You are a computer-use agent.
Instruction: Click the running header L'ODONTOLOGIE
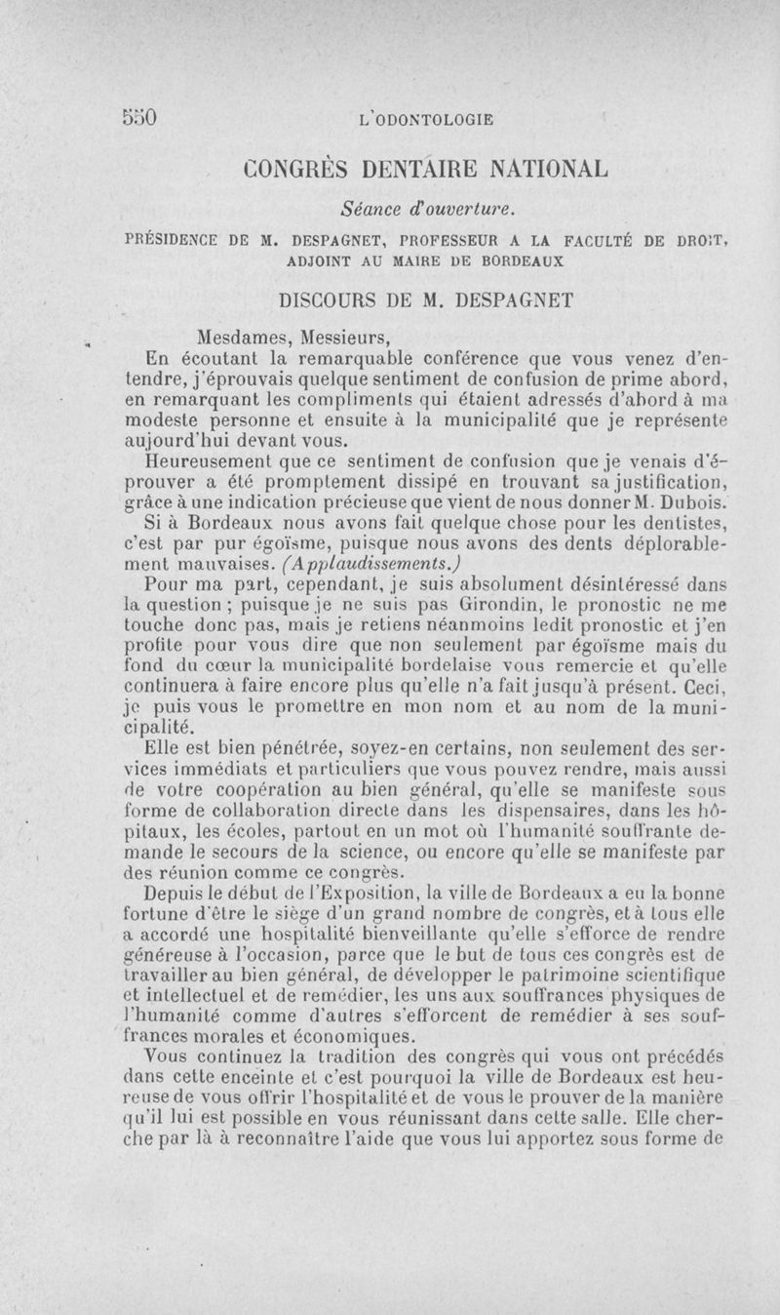[426, 120]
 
